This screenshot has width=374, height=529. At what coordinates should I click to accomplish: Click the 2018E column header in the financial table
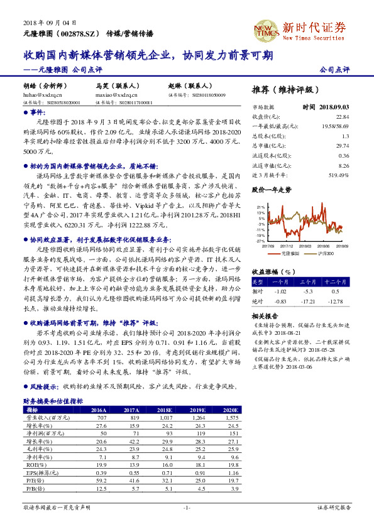click(164, 408)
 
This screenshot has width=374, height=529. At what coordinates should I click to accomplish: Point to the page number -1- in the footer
click(186, 507)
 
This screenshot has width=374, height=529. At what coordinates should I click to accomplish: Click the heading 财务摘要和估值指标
click(53, 400)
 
